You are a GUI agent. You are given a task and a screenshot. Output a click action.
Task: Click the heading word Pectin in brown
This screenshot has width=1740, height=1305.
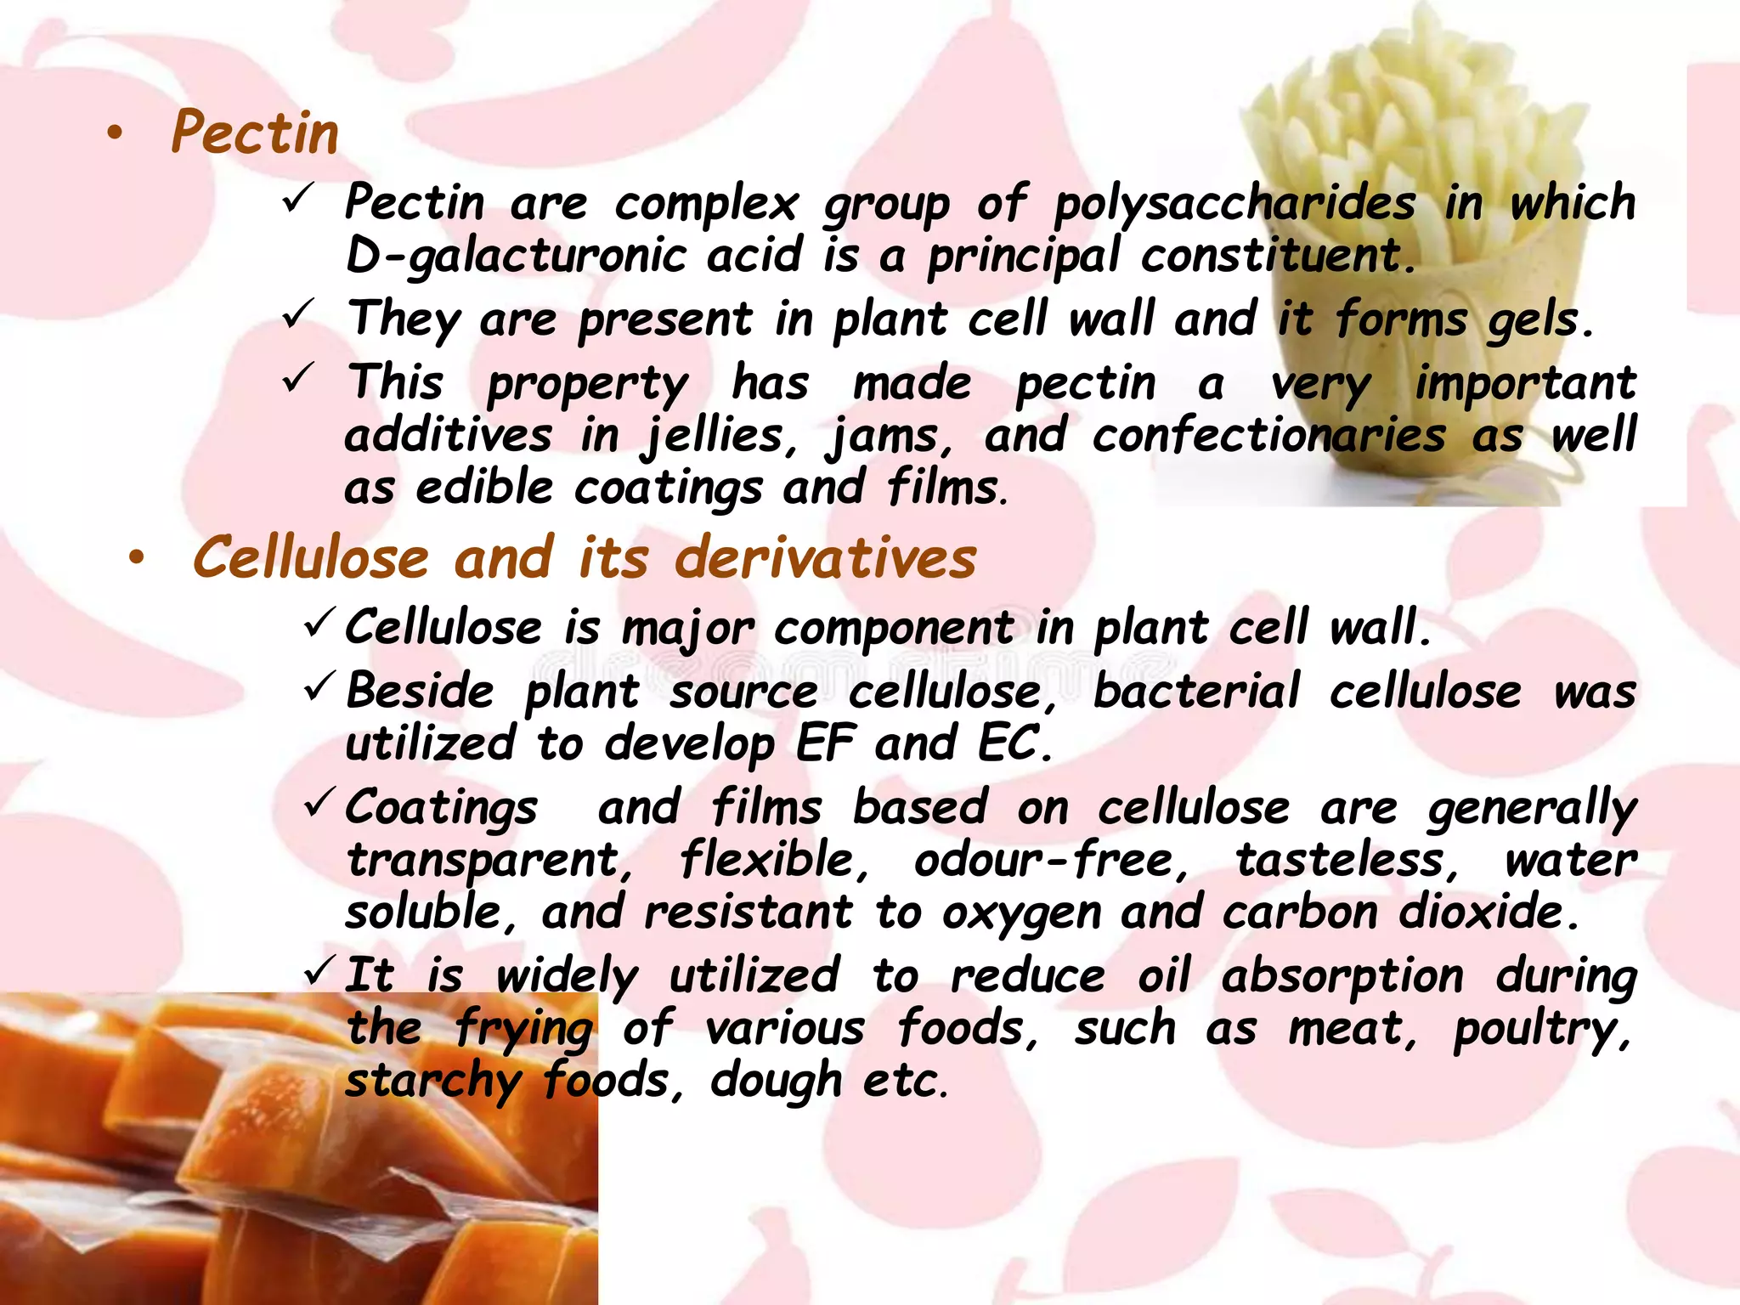point(255,133)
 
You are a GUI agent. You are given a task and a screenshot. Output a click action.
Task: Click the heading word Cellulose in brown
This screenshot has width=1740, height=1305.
point(311,558)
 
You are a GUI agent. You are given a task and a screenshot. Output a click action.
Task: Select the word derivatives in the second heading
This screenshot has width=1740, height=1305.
point(825,558)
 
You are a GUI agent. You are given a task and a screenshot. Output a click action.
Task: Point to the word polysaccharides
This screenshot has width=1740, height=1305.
point(1234,205)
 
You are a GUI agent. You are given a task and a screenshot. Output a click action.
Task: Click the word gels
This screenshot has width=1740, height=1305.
point(1539,320)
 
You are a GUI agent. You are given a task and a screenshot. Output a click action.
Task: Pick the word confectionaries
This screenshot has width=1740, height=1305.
point(1268,436)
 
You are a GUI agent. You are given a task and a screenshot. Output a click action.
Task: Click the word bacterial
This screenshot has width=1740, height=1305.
point(1196,691)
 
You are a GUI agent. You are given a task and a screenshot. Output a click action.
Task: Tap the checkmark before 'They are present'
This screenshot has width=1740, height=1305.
point(299,315)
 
